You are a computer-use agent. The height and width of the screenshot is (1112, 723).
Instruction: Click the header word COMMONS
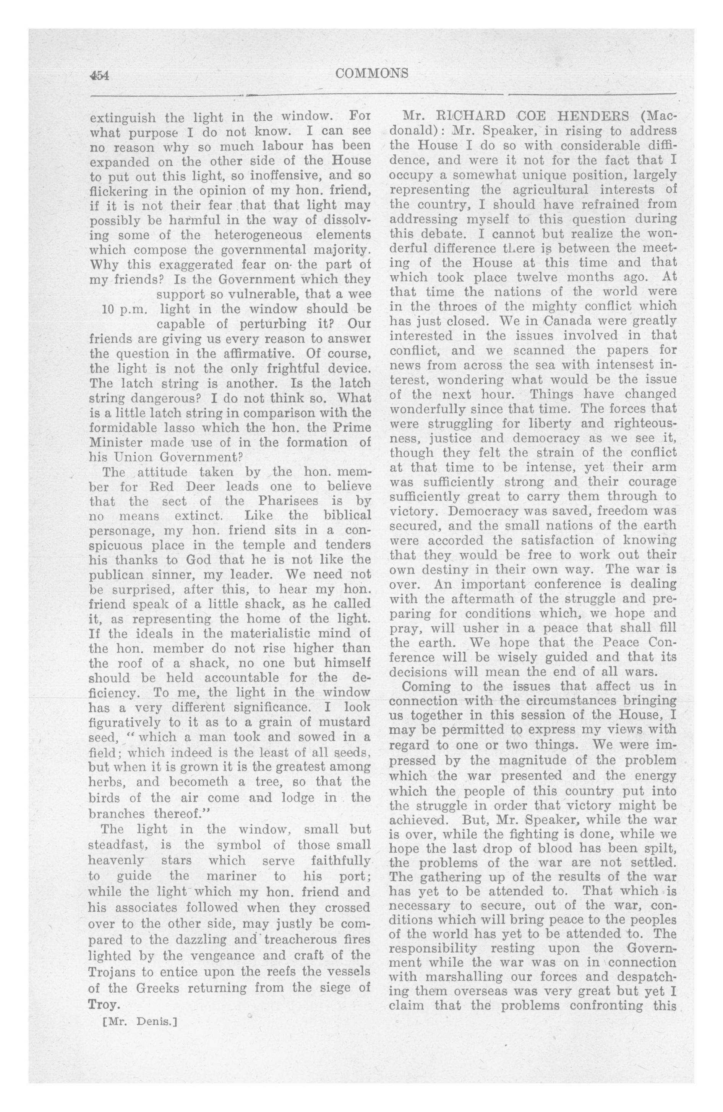(372, 73)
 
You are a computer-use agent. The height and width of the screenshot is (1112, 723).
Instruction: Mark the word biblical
(347, 516)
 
